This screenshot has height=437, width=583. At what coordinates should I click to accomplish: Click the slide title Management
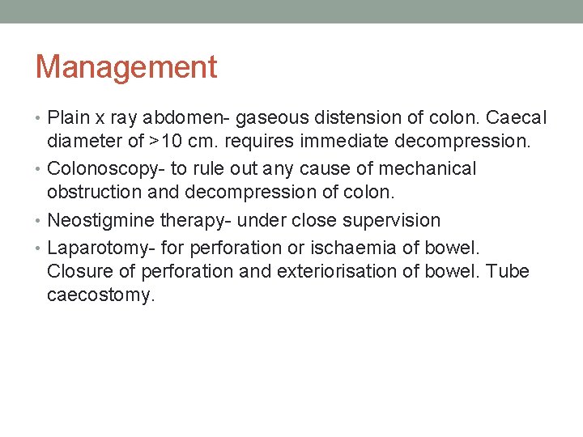coord(126,67)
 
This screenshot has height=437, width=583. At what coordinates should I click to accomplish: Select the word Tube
coord(509,270)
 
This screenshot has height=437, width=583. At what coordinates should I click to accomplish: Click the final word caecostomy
coord(100,295)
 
